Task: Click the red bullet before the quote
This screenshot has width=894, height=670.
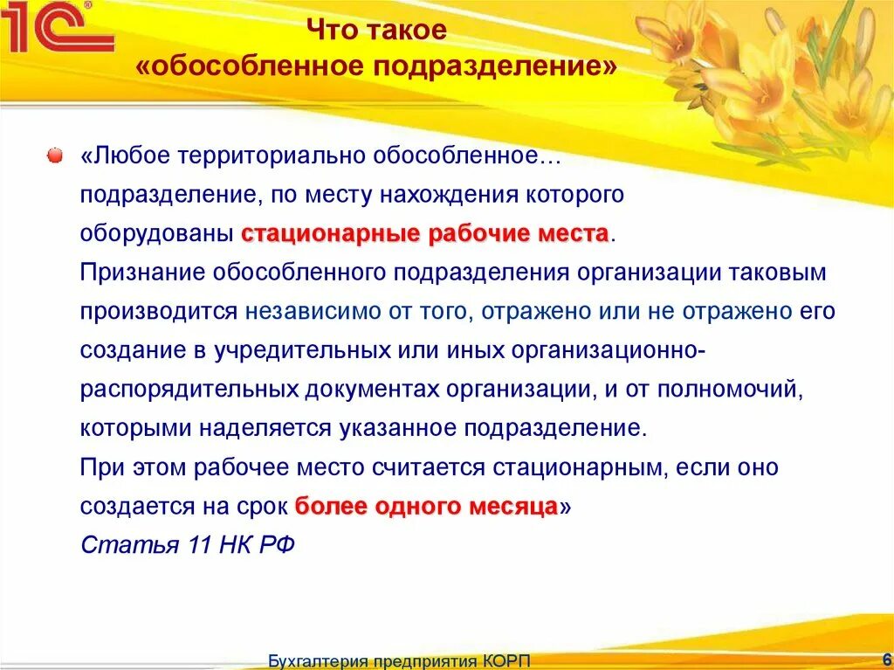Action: coord(54,155)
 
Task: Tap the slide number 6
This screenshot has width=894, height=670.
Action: coord(886,659)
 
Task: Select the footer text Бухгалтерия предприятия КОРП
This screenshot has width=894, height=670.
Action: coord(399,660)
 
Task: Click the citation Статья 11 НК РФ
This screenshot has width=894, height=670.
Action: coord(188,545)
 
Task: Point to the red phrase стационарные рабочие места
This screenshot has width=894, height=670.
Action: coord(424,234)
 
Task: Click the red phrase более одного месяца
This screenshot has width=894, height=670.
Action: coord(426,507)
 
